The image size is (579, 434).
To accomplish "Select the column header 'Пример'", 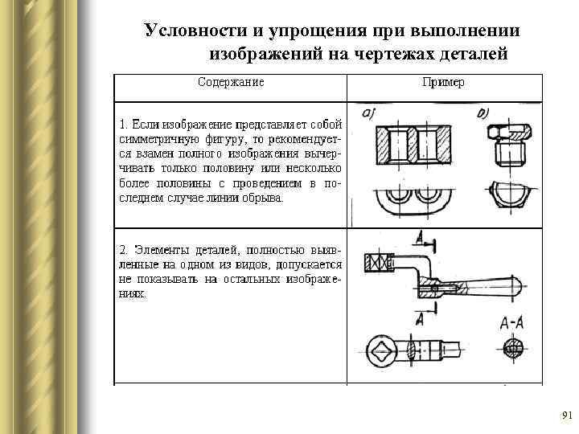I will [443, 82].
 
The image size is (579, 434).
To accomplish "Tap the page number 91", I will [566, 416].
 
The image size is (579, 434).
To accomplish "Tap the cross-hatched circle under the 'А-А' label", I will [512, 347].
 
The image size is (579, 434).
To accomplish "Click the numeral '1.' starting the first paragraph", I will [123, 125].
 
